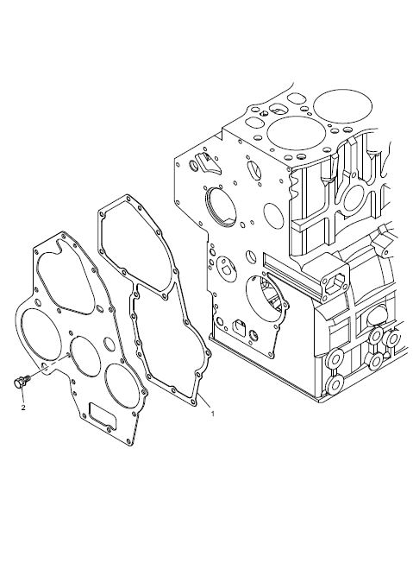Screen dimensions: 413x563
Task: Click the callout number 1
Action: click(213, 414)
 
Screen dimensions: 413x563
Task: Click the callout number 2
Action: click(23, 408)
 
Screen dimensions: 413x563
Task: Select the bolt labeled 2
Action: click(21, 382)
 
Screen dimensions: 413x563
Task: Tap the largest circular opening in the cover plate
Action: click(41, 334)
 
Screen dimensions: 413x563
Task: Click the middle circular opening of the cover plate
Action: click(84, 357)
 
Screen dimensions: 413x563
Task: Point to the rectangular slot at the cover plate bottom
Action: click(102, 416)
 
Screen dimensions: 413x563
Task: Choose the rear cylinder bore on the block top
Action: click(342, 106)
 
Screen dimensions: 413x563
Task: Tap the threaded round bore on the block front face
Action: click(220, 207)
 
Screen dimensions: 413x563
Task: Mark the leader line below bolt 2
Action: click(22, 395)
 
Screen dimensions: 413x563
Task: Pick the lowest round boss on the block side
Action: click(335, 384)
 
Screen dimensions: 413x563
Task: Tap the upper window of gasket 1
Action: click(135, 245)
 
